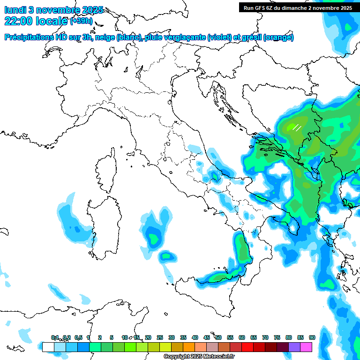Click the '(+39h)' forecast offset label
(x=82, y=21)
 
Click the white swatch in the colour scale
(x=48, y=347)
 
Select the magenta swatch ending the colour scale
(x=306, y=347)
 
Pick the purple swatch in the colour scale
(x=294, y=347)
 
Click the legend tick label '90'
(x=312, y=337)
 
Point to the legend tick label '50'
(x=218, y=337)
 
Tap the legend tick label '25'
(x=160, y=337)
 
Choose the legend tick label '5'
(x=112, y=337)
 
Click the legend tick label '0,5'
(x=78, y=337)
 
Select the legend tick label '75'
(x=277, y=337)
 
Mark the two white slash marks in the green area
(x=296, y=127)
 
